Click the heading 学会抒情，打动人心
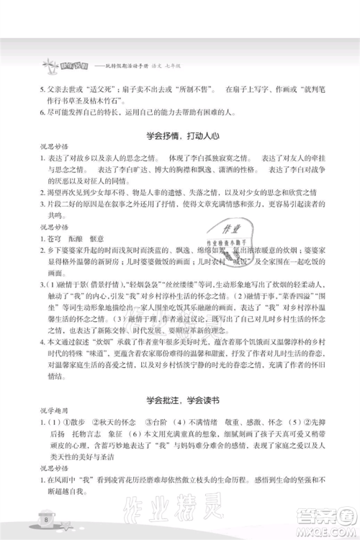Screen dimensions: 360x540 coord(180,135)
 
